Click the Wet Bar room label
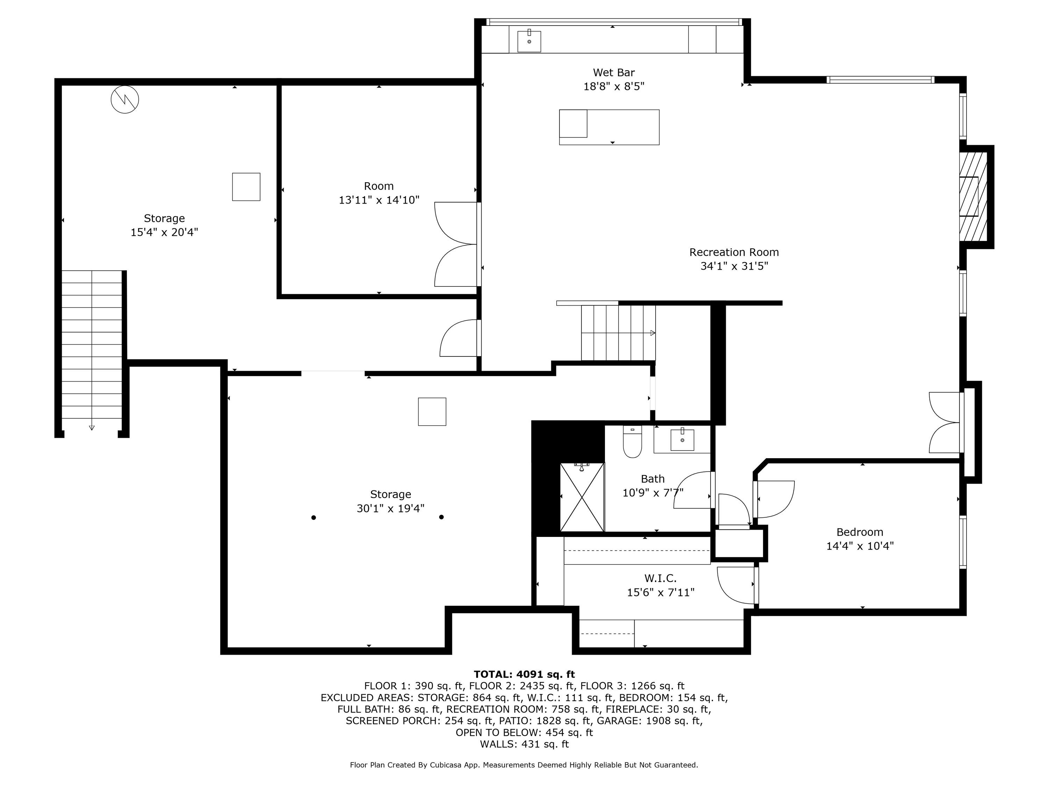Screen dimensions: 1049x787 614,73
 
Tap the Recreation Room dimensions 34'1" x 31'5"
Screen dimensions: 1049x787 734,266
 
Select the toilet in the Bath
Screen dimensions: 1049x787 632,442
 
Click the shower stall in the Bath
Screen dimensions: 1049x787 582,497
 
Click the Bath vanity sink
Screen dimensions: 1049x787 682,440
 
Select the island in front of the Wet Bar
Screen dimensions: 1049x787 609,127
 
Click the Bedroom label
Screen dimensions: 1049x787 859,532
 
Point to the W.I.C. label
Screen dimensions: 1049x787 660,578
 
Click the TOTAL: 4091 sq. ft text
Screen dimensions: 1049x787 524,674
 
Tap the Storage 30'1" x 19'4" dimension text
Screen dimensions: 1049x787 390,509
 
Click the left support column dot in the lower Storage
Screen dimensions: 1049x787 313,518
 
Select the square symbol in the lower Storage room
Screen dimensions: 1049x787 432,412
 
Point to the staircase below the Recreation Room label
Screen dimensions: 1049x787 619,333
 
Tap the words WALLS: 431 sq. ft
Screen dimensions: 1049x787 524,744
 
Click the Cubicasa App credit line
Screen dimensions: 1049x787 524,765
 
